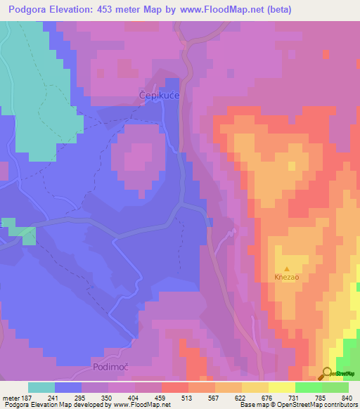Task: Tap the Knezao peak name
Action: click(x=286, y=278)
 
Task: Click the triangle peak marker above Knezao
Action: click(x=286, y=268)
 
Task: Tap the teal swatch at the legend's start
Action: click(x=41, y=387)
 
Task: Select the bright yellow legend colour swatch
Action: click(x=282, y=387)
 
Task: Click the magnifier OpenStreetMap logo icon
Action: click(x=327, y=374)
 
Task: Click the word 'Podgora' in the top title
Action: click(x=27, y=10)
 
